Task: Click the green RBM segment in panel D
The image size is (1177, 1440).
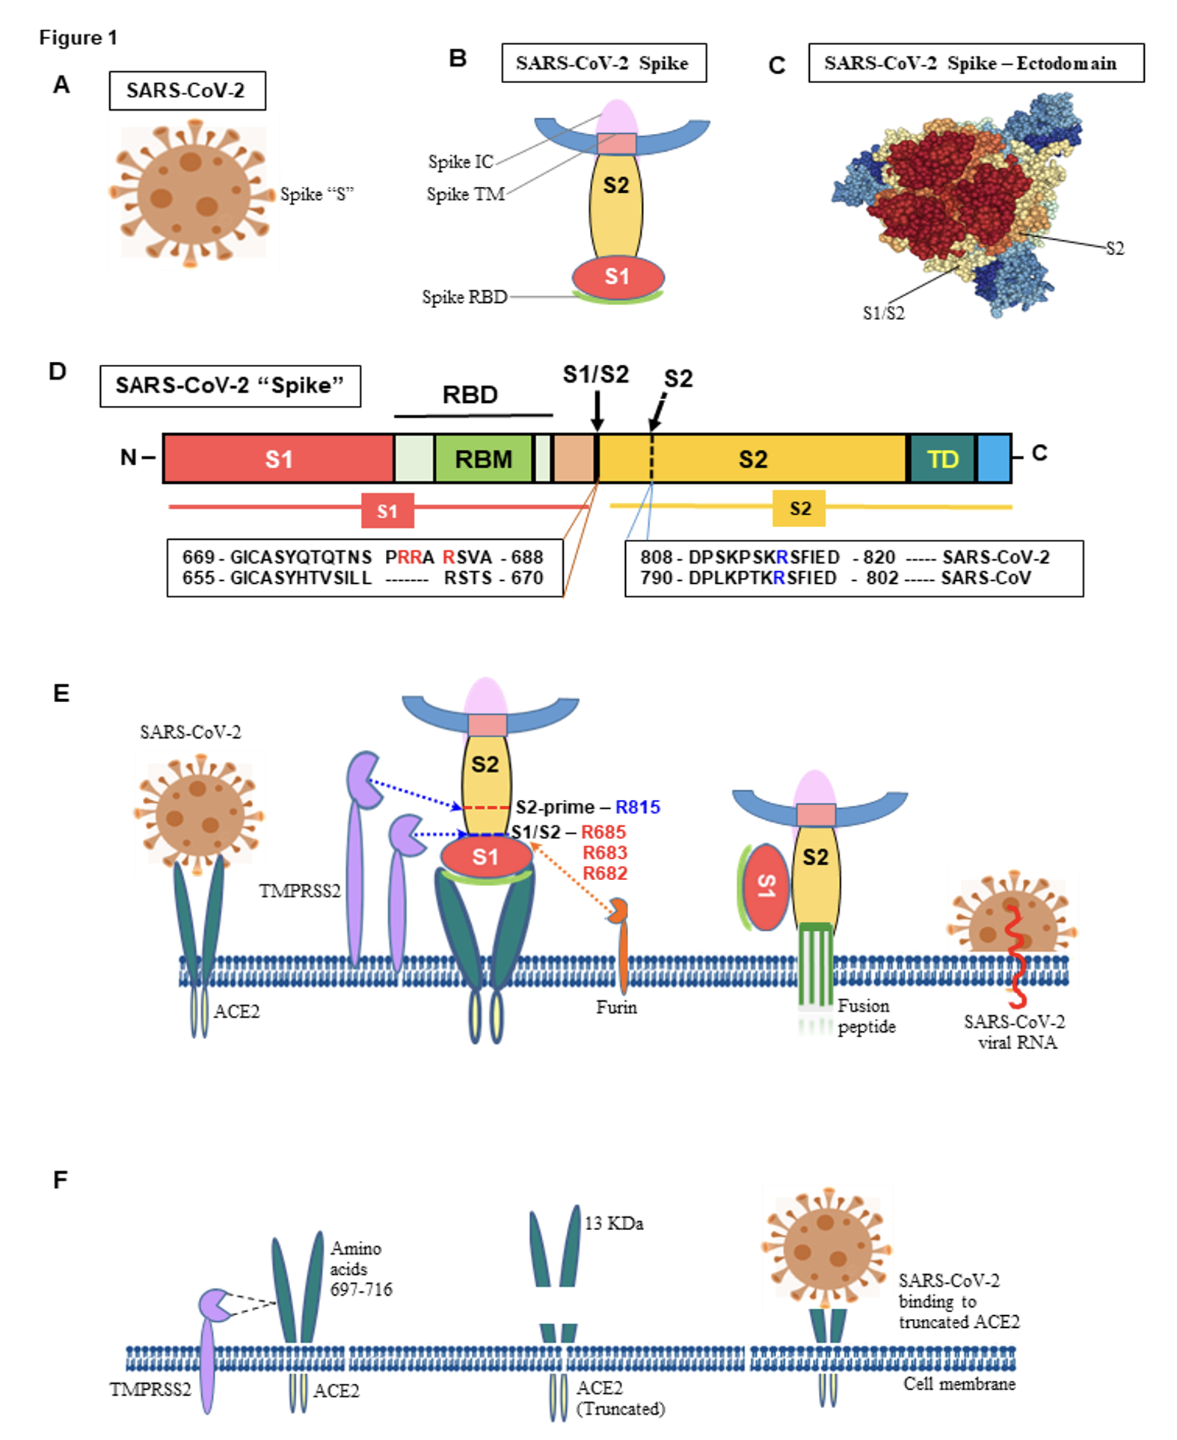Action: coord(483,458)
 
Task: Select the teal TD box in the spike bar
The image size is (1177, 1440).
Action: coord(942,458)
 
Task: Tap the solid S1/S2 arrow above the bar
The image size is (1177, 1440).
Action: coord(597,412)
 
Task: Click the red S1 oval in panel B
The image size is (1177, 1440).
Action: coord(618,277)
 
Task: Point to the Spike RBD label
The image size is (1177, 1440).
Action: coord(464,297)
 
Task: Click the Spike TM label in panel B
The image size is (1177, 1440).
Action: coord(465,194)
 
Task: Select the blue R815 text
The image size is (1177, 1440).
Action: coord(637,807)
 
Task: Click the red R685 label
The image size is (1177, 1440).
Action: coord(603,831)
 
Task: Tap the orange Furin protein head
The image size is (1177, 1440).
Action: coord(619,911)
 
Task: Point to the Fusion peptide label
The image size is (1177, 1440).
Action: coord(865,1016)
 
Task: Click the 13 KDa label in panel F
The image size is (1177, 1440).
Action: coord(614,1223)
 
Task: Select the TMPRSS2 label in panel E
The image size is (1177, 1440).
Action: coord(300,890)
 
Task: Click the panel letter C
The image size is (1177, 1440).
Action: coord(777,66)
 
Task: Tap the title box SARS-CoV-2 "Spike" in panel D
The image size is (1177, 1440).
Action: coord(230,386)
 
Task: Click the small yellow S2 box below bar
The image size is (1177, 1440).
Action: coord(799,508)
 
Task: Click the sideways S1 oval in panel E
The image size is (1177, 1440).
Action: coord(766,887)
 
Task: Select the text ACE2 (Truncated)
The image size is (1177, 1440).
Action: coord(619,1398)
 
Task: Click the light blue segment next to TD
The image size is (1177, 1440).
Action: coord(994,458)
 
